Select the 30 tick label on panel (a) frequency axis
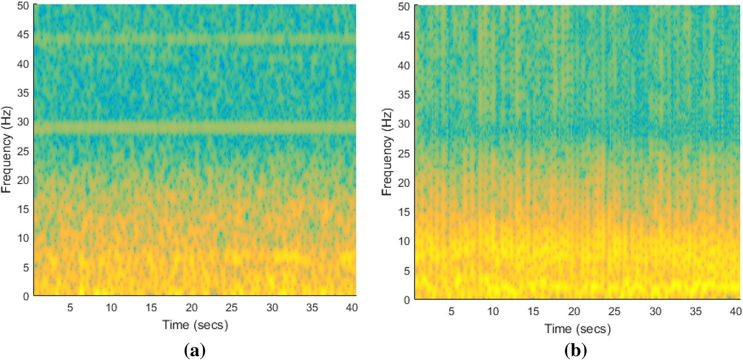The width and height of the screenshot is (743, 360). [23, 122]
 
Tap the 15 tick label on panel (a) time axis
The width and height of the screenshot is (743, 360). [151, 308]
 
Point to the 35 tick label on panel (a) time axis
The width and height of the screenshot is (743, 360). [312, 308]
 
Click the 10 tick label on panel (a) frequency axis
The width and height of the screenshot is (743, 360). [23, 238]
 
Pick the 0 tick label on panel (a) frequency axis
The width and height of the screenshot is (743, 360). [26, 296]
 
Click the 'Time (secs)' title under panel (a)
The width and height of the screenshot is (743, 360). [195, 325]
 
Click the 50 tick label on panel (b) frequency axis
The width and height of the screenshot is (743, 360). [404, 7]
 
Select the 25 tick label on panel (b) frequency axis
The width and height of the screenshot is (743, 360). [404, 153]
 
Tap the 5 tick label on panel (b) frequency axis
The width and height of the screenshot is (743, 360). [407, 270]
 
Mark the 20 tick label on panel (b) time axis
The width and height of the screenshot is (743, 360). [574, 311]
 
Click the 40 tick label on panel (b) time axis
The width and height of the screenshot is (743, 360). [735, 311]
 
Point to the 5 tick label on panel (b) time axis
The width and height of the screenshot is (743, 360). [451, 311]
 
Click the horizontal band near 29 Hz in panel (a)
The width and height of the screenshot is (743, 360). [195, 127]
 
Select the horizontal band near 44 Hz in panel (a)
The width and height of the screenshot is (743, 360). [195, 39]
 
